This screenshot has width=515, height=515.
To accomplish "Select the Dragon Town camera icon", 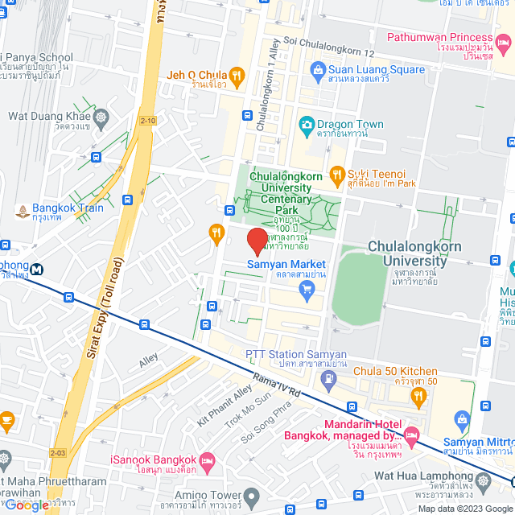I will click(306, 125).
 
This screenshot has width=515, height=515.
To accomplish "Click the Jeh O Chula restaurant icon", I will click(236, 76).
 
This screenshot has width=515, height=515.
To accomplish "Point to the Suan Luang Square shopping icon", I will click(319, 70).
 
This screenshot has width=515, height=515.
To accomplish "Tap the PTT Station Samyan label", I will click(296, 354).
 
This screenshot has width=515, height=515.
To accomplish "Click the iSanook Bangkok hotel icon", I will click(208, 460).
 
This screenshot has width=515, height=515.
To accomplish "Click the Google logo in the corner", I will click(27, 505).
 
